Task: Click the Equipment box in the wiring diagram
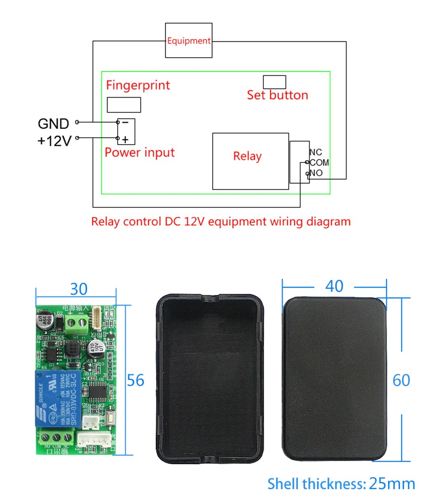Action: click(189, 41)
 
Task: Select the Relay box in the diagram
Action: click(250, 161)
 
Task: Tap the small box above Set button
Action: click(274, 82)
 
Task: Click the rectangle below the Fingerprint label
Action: click(124, 105)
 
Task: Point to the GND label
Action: click(53, 123)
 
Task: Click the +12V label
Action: click(54, 141)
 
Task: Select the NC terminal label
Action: click(316, 153)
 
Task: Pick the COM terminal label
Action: click(319, 163)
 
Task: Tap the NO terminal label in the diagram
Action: click(317, 173)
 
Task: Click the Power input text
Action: click(139, 153)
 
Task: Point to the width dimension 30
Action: click(79, 289)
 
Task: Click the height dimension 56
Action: click(136, 380)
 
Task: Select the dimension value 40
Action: click(334, 286)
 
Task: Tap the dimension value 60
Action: click(401, 380)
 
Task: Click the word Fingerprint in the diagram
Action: click(138, 85)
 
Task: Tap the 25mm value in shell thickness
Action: click(392, 484)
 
